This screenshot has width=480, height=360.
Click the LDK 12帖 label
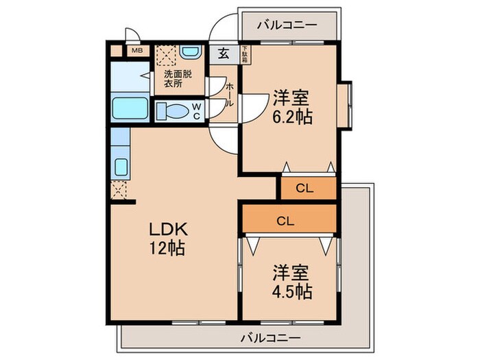pyautogui.click(x=165, y=238)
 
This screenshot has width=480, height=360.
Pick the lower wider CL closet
pyautogui.click(x=289, y=220)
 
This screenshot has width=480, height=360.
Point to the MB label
pyautogui.click(x=136, y=50)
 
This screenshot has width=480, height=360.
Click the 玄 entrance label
pyautogui.click(x=224, y=53)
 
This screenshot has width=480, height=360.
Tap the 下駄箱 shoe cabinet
pyautogui.click(x=244, y=53)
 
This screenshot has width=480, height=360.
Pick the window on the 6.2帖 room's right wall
pyautogui.click(x=349, y=106)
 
